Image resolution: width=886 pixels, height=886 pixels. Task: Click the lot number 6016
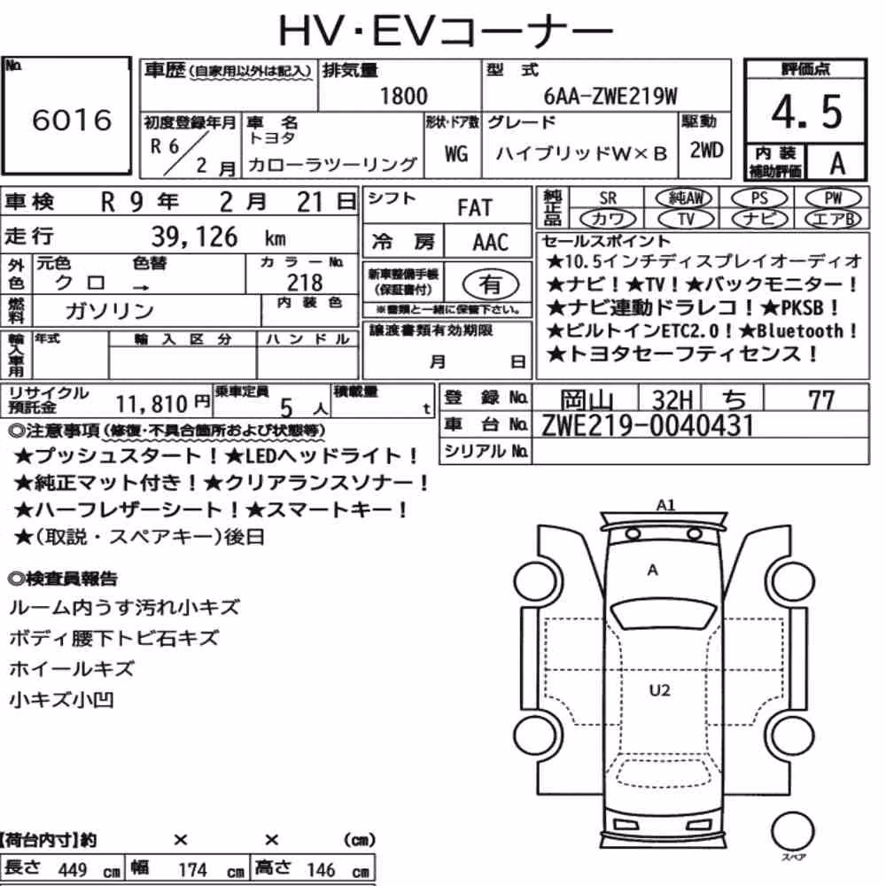72,120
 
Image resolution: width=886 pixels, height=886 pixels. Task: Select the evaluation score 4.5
806,112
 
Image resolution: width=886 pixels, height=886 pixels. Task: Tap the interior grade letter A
837,163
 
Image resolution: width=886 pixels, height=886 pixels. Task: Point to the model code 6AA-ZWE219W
610,97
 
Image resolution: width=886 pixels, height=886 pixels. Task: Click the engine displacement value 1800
403,96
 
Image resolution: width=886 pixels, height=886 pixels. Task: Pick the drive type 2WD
706,151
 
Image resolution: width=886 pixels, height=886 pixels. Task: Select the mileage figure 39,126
194,237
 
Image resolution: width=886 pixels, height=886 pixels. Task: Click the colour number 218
305,282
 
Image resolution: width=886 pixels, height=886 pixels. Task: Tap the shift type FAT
475,208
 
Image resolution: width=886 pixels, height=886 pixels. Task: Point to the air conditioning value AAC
490,243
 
